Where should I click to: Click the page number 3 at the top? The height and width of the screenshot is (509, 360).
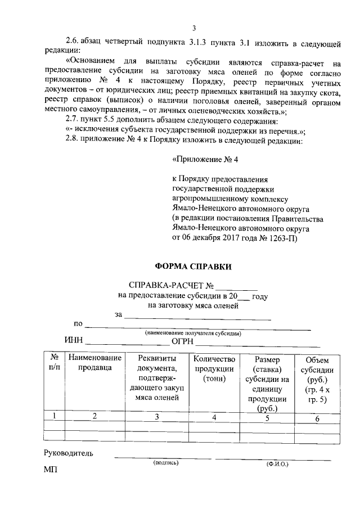pyautogui.click(x=193, y=29)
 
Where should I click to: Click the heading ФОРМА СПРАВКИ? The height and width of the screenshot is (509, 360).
pyautogui.click(x=193, y=267)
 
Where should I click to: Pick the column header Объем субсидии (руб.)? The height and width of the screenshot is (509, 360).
pyautogui.click(x=318, y=379)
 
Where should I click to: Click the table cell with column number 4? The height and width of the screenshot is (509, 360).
pyautogui.click(x=214, y=417)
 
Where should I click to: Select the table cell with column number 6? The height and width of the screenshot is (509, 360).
pyautogui.click(x=317, y=418)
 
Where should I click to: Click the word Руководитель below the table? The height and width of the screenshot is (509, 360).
pyautogui.click(x=69, y=453)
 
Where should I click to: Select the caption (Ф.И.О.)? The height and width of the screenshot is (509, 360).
pyautogui.click(x=277, y=464)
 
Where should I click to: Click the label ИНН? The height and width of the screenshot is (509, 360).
pyautogui.click(x=73, y=341)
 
